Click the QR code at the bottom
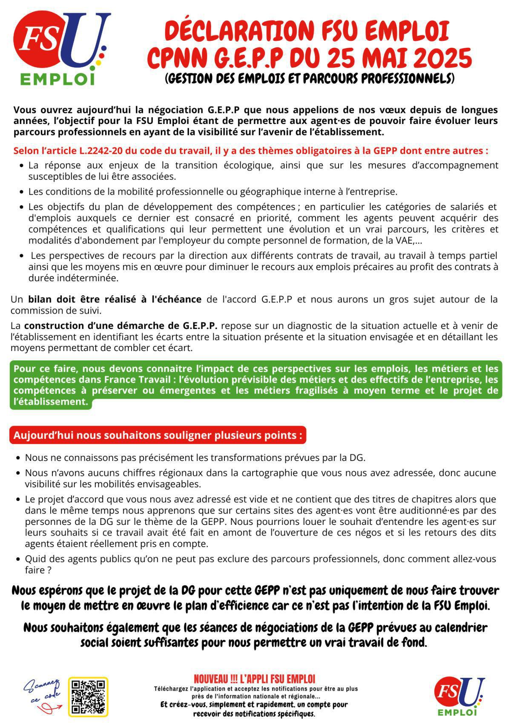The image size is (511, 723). [x=88, y=697]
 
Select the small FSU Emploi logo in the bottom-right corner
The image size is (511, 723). [x=459, y=695]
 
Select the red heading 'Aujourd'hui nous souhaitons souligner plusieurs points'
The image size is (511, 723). [x=158, y=435]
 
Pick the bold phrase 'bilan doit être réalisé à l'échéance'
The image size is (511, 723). [x=115, y=299]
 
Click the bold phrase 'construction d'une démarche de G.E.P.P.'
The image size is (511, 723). [x=121, y=326]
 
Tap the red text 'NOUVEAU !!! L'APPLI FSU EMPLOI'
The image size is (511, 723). [x=254, y=678]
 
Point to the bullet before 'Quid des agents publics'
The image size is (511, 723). [x=18, y=559]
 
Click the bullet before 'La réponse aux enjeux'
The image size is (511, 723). [x=22, y=165]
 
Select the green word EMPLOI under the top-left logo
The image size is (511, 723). [x=57, y=79]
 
